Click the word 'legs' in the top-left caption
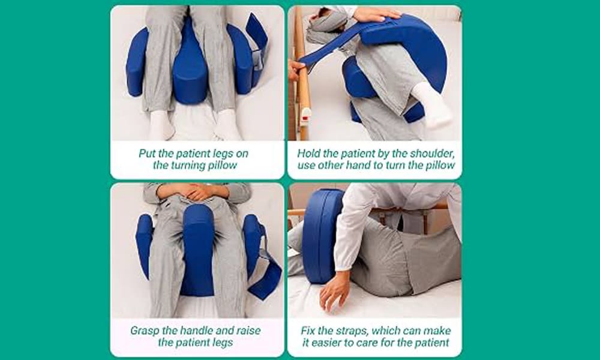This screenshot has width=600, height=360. click(x=223, y=154)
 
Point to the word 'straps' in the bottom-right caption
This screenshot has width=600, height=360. click(x=349, y=331)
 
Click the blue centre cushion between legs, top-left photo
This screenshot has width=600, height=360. click(x=191, y=65)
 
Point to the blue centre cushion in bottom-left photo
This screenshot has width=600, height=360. click(x=197, y=251)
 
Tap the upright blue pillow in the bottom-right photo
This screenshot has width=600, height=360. click(x=322, y=235)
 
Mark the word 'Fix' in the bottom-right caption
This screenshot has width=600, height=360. click(x=307, y=331)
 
